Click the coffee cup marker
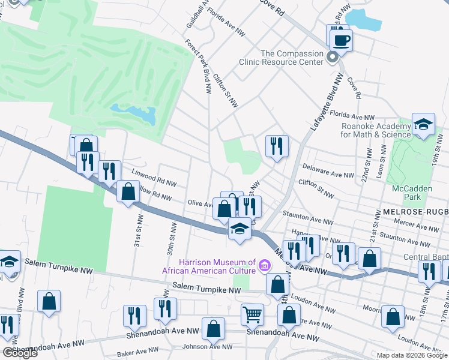pyautogui.click(x=342, y=40)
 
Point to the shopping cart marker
pyautogui.click(x=252, y=314)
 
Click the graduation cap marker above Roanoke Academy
pyautogui.click(x=423, y=125)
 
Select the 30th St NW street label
pyautogui.click(x=171, y=238)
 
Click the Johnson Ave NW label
pyautogui.click(x=207, y=346)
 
